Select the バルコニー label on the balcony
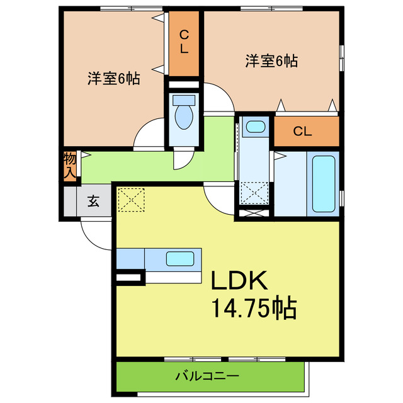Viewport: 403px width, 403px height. point(207,377)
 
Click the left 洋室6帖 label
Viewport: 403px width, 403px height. point(113,79)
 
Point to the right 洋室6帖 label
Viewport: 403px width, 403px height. point(271,61)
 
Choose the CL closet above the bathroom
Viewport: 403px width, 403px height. point(302,132)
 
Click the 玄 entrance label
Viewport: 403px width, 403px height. point(93,201)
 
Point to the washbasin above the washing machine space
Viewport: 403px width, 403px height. point(255,127)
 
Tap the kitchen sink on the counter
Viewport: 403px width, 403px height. point(181,258)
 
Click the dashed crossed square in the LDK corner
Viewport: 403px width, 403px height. point(130,200)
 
